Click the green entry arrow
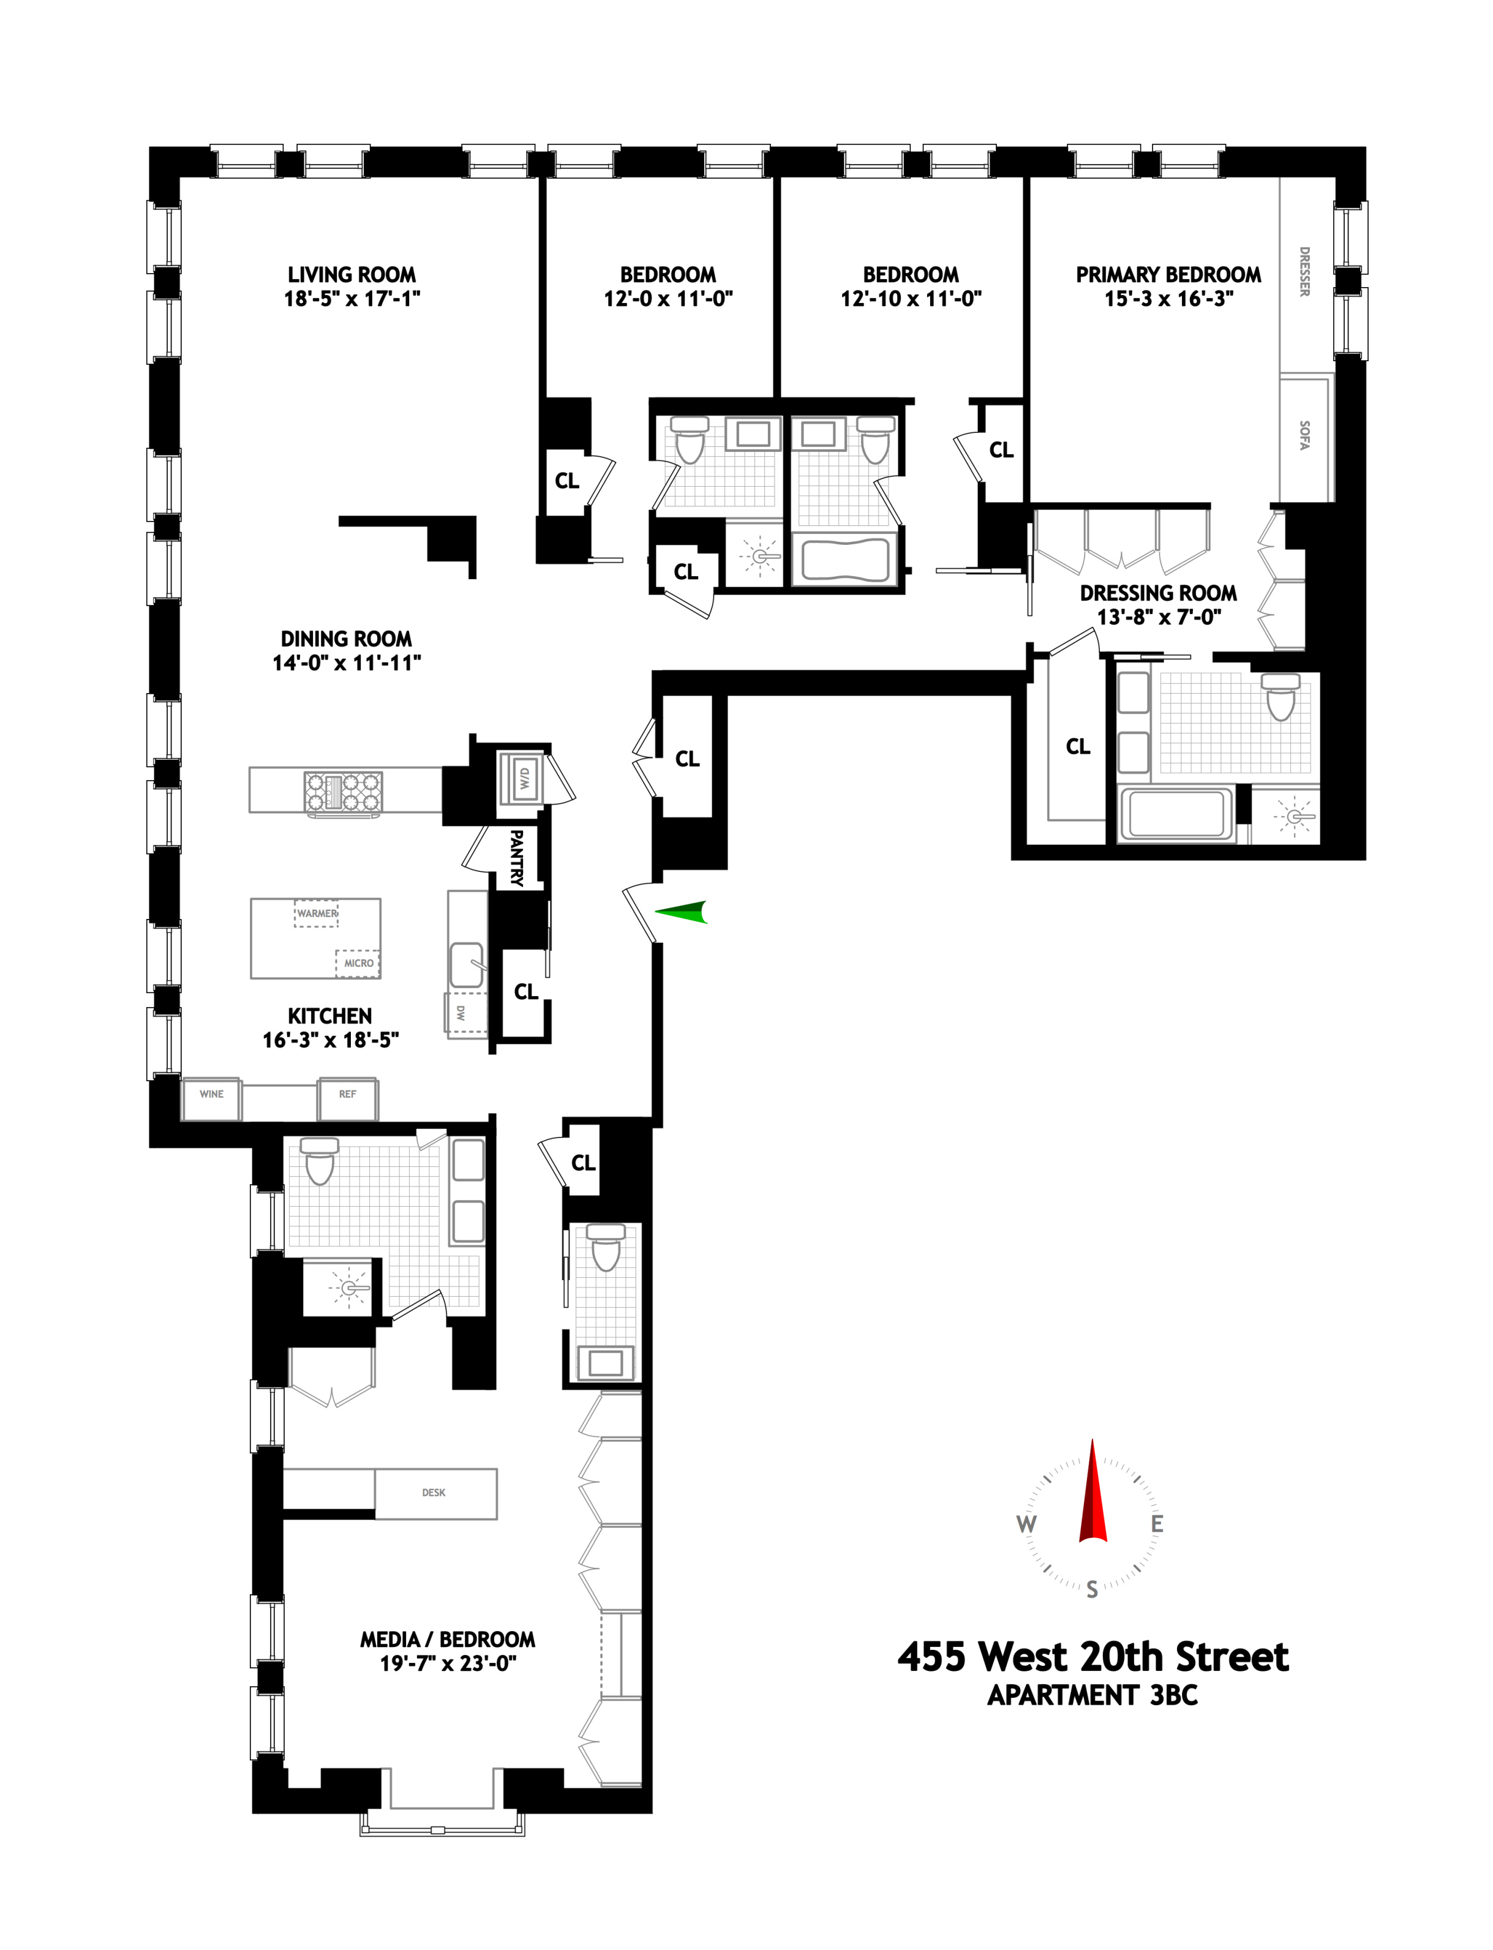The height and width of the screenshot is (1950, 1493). [683, 912]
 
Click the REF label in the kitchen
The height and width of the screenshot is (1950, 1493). [347, 1095]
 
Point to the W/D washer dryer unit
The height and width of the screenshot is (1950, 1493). [522, 778]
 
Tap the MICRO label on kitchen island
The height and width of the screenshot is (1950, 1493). [358, 963]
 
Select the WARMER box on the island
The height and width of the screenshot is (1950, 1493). [317, 913]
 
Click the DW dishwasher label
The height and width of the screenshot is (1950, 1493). [461, 1012]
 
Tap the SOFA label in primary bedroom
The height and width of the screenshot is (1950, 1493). [1304, 435]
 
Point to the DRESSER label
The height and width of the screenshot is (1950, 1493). [1304, 271]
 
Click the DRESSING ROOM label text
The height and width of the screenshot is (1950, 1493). [1158, 593]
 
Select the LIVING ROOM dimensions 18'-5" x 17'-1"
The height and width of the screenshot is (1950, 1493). [352, 299]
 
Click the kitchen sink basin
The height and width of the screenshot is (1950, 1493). [467, 965]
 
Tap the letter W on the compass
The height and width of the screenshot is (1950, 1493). [1026, 1524]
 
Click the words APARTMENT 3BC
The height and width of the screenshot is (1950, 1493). [1092, 1695]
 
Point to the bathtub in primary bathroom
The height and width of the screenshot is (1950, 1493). [1176, 814]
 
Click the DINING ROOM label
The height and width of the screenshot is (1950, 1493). [347, 639]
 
